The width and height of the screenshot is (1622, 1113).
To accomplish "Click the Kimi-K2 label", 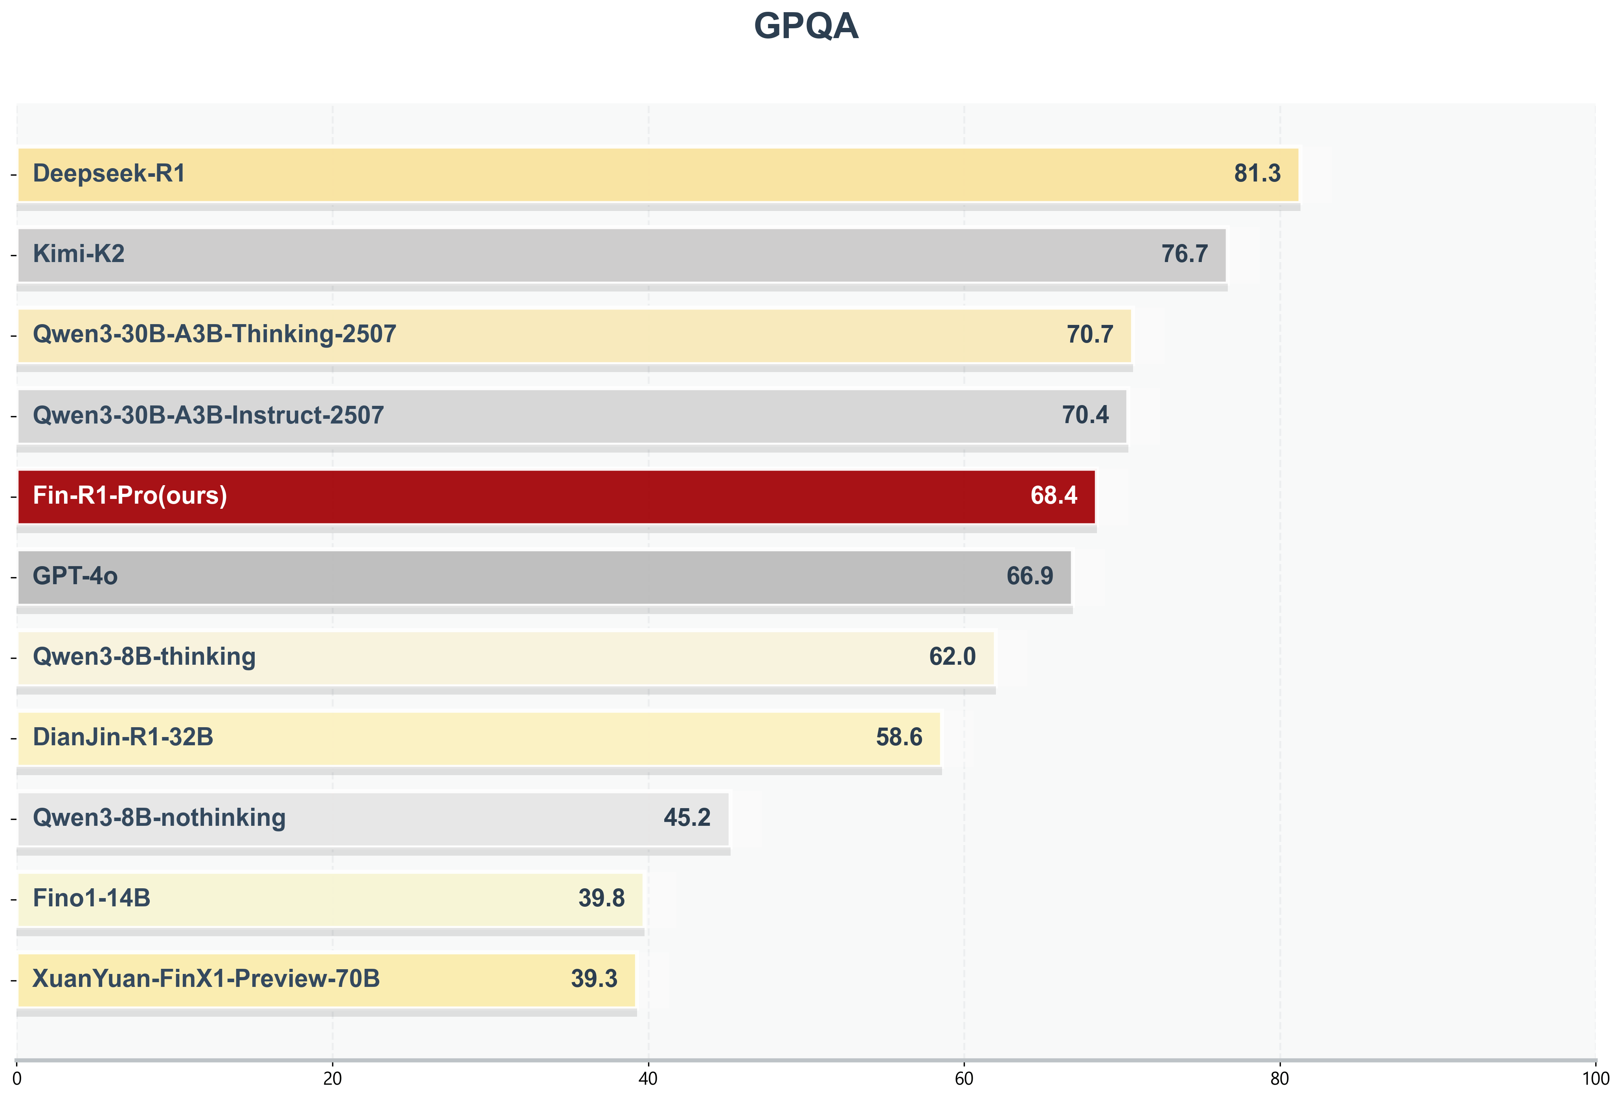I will pyautogui.click(x=79, y=254).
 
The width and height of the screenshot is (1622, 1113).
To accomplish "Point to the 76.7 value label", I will pyautogui.click(x=1185, y=254).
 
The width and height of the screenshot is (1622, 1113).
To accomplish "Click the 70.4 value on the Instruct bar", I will pyautogui.click(x=1085, y=415).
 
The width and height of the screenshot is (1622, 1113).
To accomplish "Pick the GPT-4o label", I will pyautogui.click(x=75, y=576).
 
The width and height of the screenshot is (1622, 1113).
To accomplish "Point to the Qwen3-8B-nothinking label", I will pyautogui.click(x=159, y=818).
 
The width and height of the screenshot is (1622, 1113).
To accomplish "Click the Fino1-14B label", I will pyautogui.click(x=92, y=899).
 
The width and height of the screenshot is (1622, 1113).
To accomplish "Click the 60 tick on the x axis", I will pyautogui.click(x=964, y=1080).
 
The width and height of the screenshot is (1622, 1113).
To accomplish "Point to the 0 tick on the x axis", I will pyautogui.click(x=17, y=1080).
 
